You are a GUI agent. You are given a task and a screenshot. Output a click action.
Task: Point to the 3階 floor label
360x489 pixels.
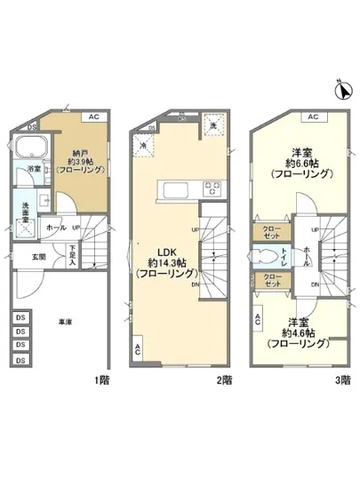coord(342,380)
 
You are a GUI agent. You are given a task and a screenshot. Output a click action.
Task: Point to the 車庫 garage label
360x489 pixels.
coord(65,322)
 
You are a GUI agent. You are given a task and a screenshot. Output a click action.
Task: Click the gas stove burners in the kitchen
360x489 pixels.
coord(214,188)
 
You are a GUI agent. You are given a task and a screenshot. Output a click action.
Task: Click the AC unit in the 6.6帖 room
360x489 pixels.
coord(311,116)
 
